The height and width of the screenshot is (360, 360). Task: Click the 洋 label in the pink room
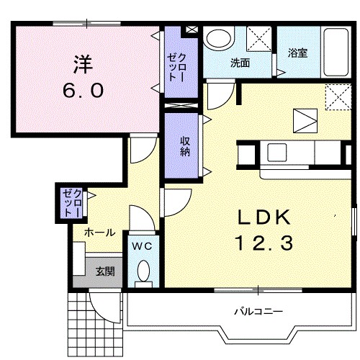(83, 64)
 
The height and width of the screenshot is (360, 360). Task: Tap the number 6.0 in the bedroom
(84, 91)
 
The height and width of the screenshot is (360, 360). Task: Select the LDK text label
(264, 217)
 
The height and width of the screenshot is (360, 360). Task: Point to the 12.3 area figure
(264, 243)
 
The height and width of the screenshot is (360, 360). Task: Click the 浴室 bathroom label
(297, 53)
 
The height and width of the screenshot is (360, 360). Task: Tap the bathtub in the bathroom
(336, 53)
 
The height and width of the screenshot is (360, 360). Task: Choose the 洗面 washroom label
(240, 63)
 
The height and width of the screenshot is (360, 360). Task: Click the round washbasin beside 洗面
(218, 38)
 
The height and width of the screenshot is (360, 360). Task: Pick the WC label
(142, 246)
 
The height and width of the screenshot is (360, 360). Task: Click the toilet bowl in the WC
(143, 271)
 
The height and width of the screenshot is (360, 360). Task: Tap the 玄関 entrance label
(105, 271)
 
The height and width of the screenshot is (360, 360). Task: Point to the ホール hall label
(99, 233)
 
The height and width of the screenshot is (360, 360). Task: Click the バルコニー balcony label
(258, 312)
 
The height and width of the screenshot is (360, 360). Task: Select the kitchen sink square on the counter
(277, 153)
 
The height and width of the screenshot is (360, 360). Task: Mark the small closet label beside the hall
(71, 203)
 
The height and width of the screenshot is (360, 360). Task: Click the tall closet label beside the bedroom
(176, 68)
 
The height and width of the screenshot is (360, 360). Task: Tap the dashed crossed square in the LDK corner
(338, 97)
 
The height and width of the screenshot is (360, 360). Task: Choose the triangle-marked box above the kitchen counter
(305, 121)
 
